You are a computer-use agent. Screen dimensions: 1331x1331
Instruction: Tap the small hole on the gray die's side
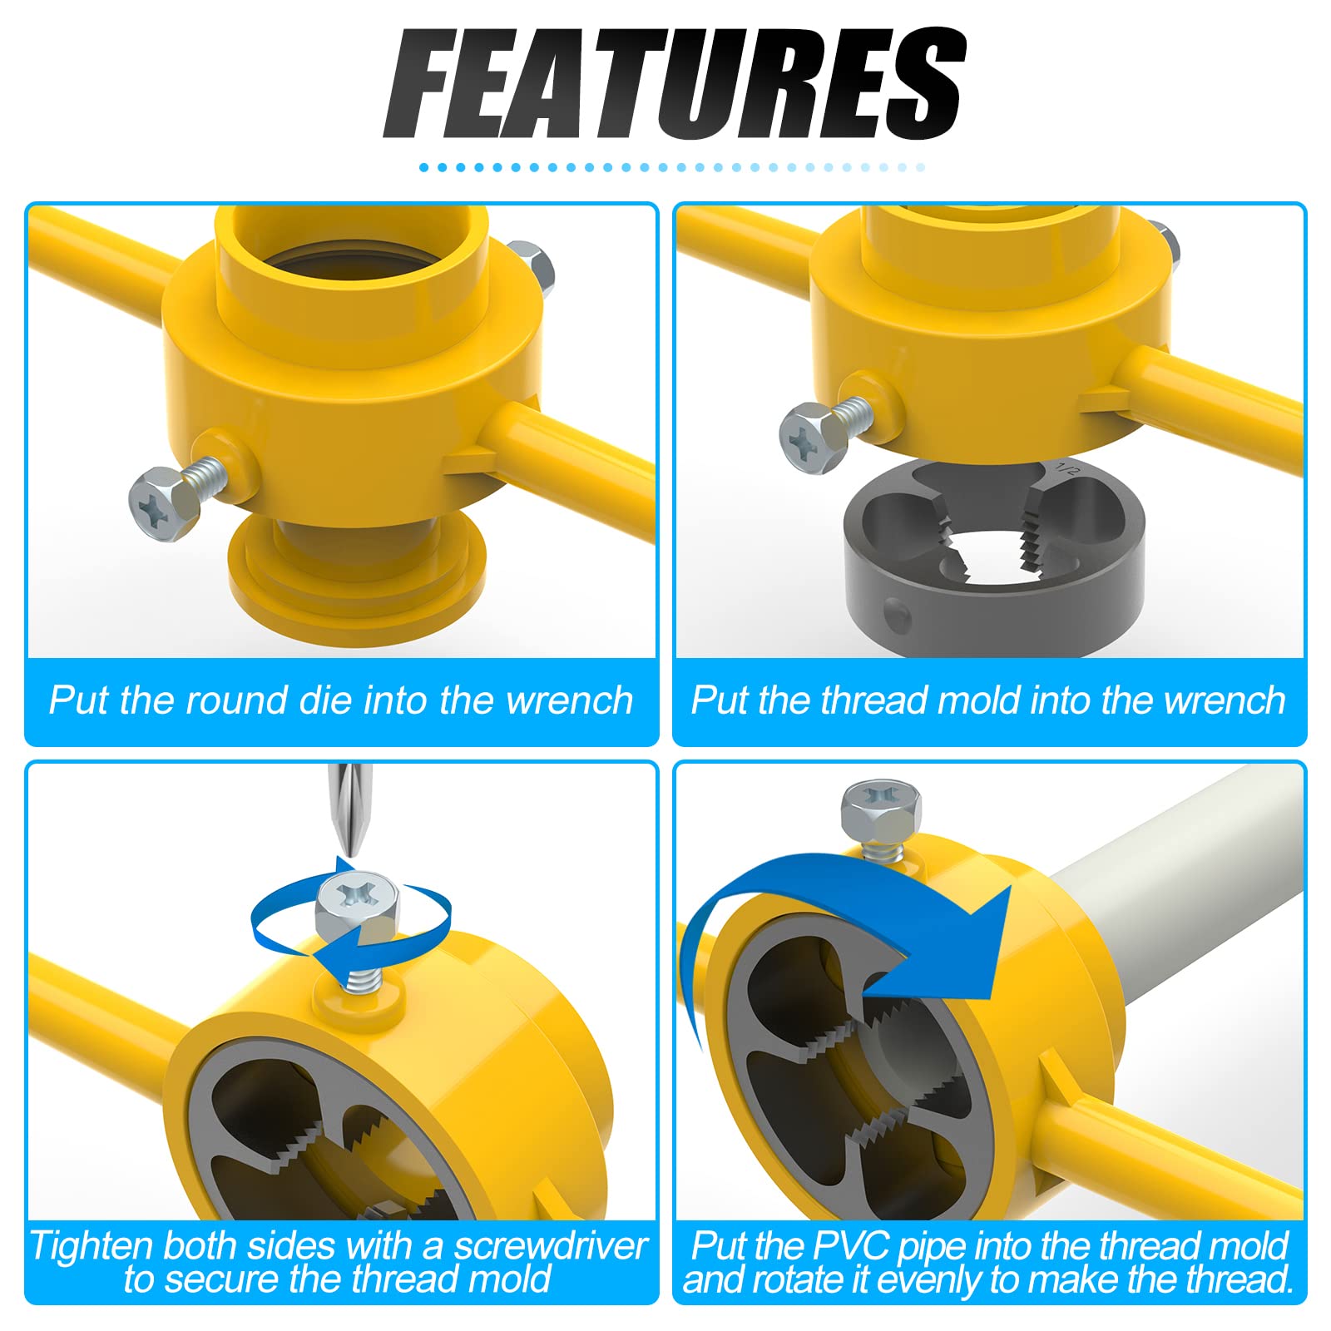click(897, 616)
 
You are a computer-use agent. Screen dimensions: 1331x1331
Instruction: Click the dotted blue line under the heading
click(672, 167)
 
